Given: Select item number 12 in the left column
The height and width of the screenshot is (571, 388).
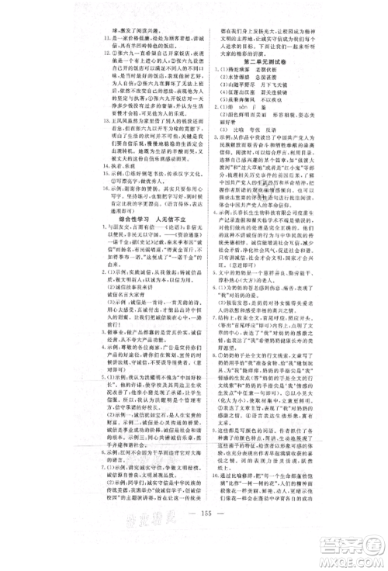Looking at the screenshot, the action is click(x=95, y=54).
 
